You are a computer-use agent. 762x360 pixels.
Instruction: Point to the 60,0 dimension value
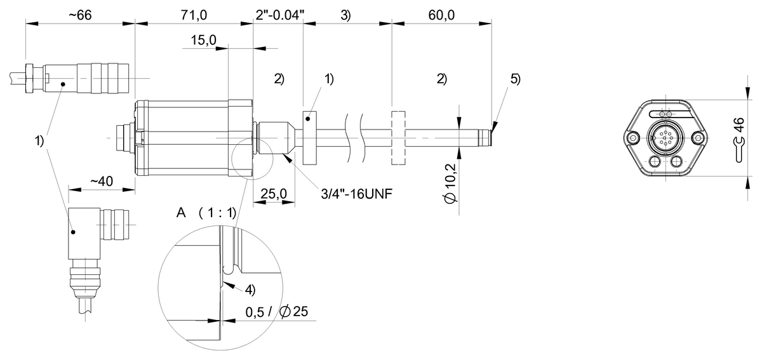(441, 16)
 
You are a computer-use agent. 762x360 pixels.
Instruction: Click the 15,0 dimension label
(204, 41)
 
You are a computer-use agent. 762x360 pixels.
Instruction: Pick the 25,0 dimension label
(274, 192)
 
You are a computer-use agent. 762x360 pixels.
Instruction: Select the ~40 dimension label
(101, 182)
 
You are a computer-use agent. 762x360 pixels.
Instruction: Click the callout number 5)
(515, 79)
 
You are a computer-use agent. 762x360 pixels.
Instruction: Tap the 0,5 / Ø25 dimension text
(275, 312)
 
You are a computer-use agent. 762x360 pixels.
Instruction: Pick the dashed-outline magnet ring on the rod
(399, 138)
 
